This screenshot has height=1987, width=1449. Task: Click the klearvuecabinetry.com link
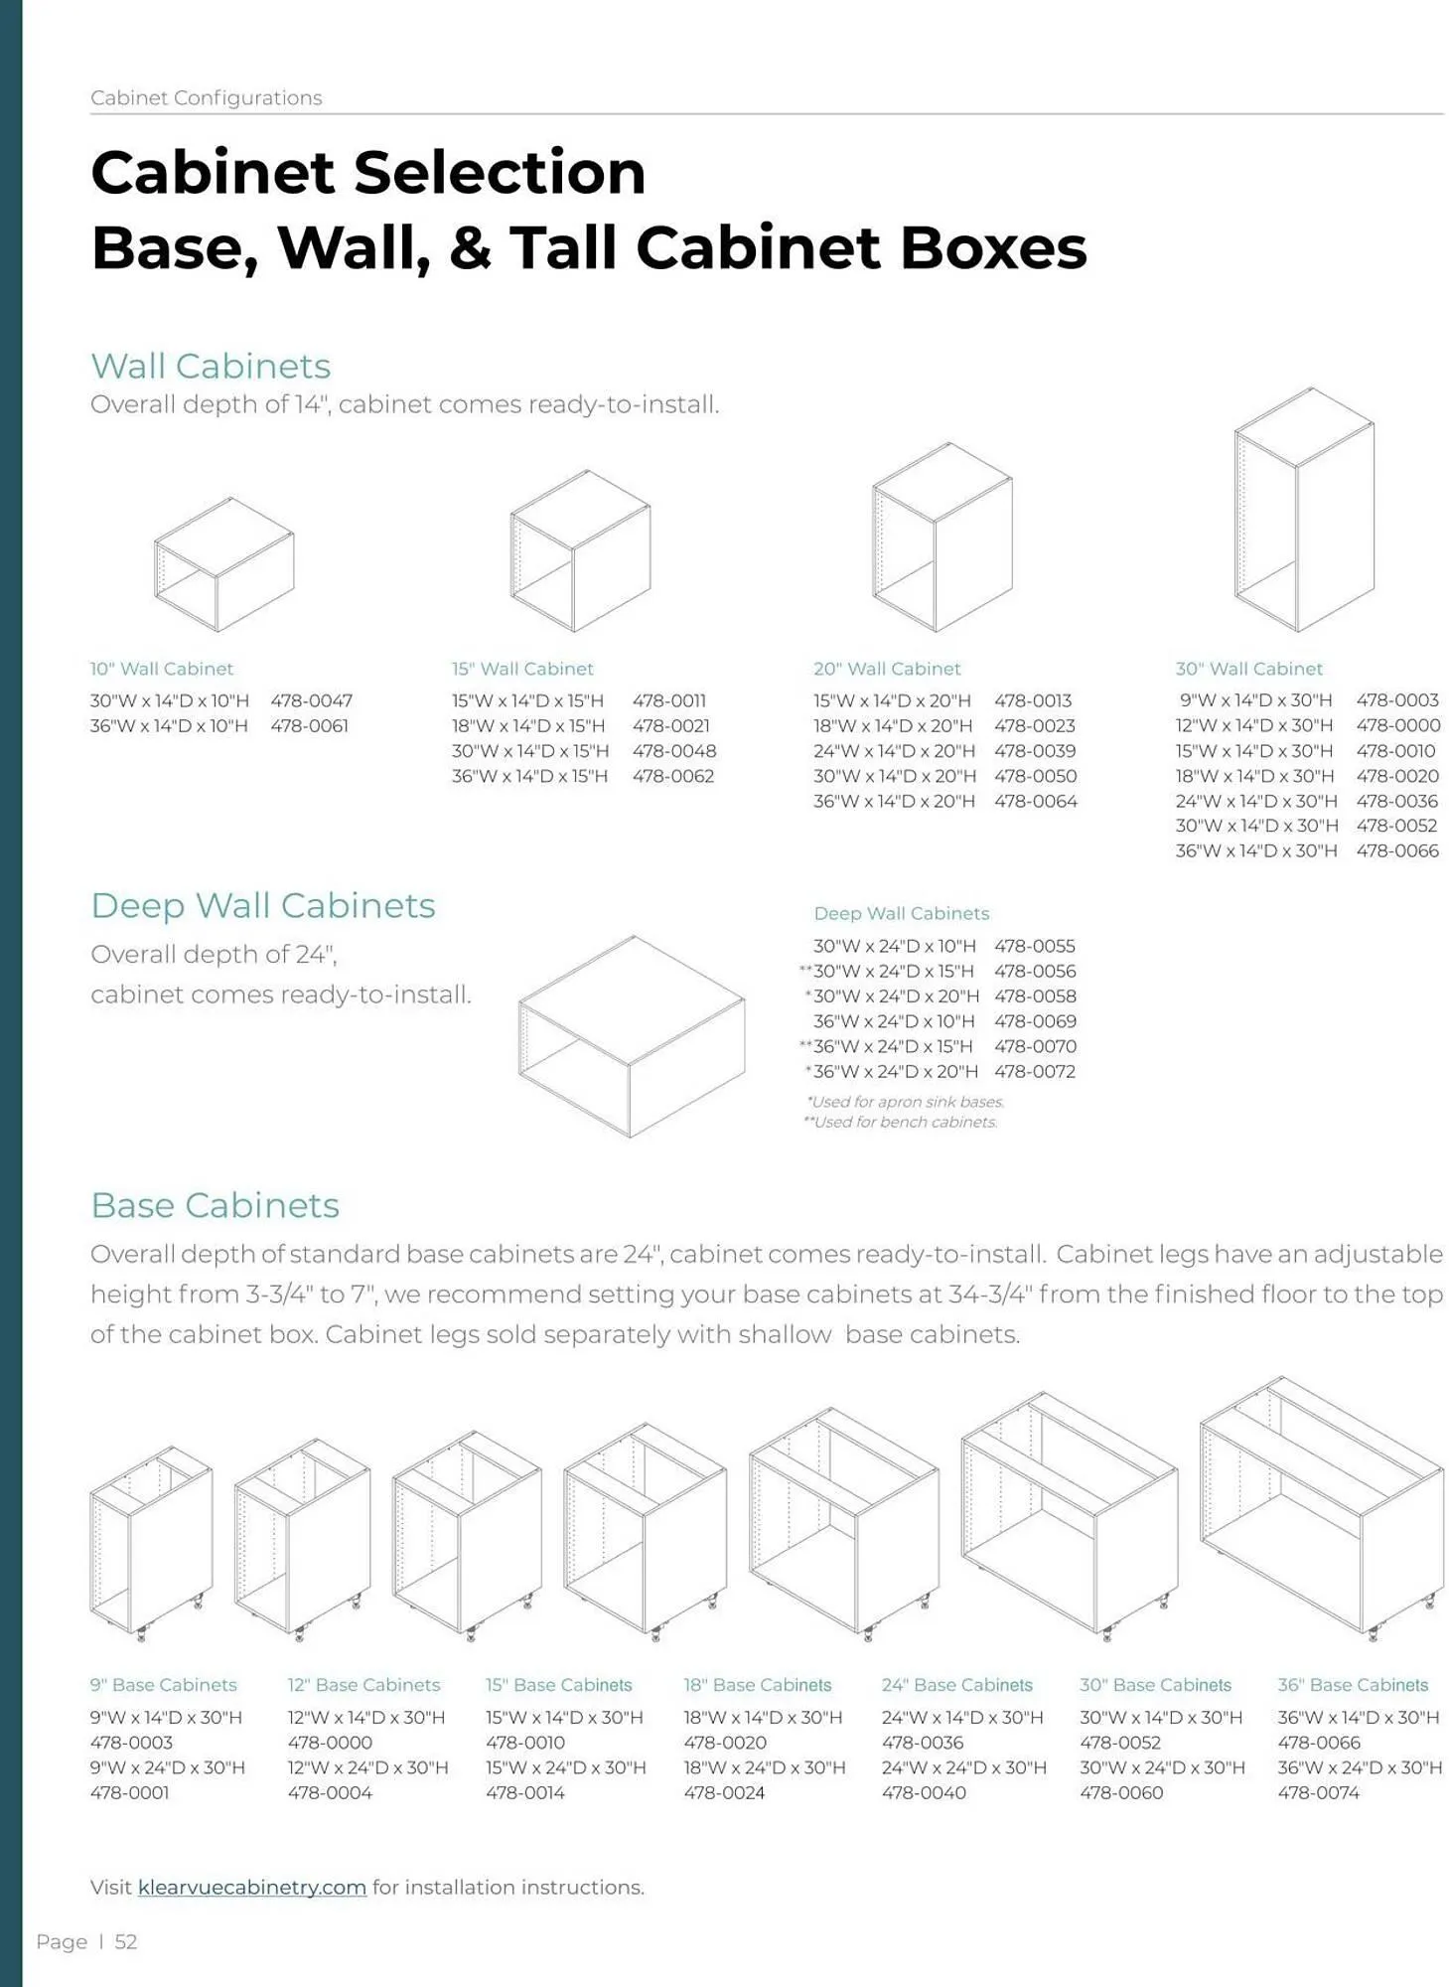[x=251, y=1887]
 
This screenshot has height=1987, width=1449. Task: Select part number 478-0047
[x=311, y=700]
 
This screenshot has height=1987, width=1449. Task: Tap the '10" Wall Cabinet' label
[x=161, y=669]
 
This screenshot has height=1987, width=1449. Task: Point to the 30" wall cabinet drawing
[x=1304, y=509]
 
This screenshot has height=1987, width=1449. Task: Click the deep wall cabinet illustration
[x=631, y=1035]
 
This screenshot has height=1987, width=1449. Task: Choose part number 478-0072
[x=1034, y=1071]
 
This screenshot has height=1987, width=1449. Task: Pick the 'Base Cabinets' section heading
[x=215, y=1205]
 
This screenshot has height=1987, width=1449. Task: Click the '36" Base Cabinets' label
[x=1353, y=1685]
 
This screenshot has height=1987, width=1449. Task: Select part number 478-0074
[x=1318, y=1792]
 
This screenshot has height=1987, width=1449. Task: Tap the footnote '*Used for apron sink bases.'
[x=905, y=1102]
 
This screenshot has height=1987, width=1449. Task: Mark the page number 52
[x=126, y=1941]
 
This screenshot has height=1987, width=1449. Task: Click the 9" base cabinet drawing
[x=151, y=1541]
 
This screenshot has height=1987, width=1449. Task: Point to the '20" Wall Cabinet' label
[x=887, y=669]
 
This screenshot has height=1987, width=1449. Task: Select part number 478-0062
[x=672, y=776]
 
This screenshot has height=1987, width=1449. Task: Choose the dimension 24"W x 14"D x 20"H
[x=894, y=751]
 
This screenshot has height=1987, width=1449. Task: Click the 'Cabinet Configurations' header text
[x=206, y=97]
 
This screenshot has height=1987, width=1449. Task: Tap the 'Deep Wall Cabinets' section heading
[x=262, y=905]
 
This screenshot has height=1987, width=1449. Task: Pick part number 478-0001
[x=129, y=1792]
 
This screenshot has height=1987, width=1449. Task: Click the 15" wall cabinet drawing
[x=580, y=550]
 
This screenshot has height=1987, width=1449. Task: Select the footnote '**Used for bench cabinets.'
[x=900, y=1122]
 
